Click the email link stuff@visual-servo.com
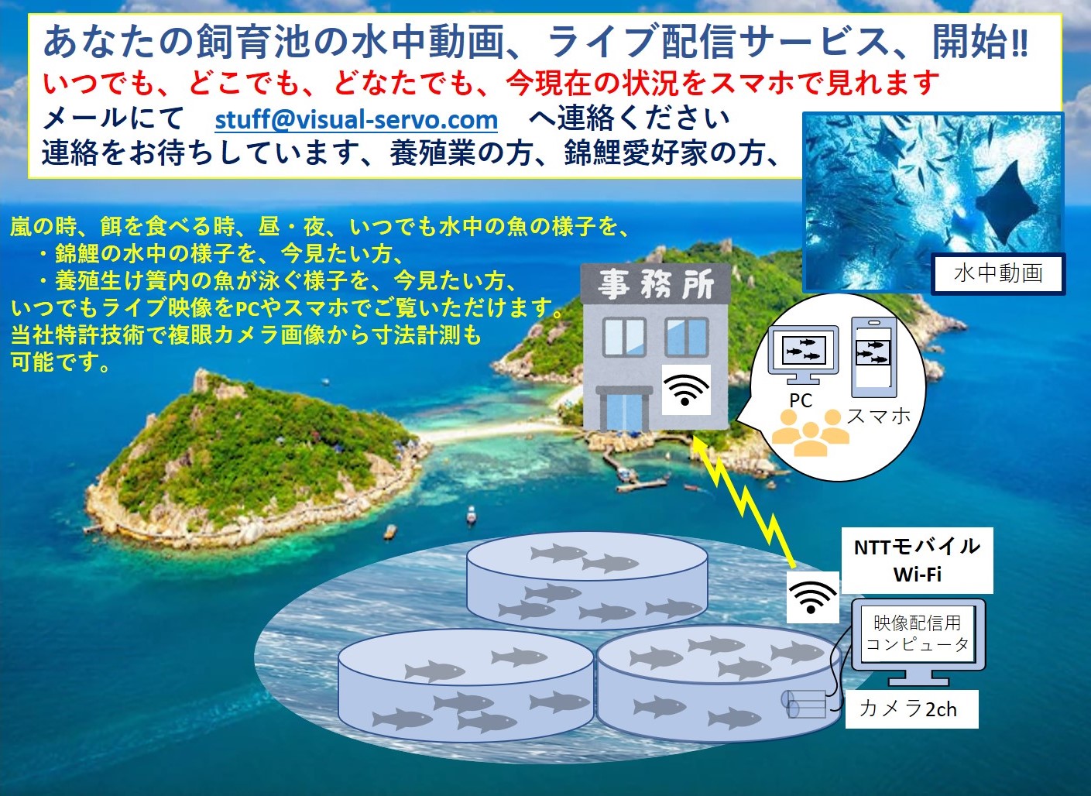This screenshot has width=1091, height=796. (356, 120)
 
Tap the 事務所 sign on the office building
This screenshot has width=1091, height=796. (655, 285)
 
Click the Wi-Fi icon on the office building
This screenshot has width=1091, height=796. (685, 389)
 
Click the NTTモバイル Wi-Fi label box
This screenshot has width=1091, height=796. (917, 560)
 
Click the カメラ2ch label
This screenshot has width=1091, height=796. (907, 709)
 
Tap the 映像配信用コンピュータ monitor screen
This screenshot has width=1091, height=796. (918, 634)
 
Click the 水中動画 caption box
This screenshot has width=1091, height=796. (998, 273)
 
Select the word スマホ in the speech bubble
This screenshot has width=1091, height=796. (879, 416)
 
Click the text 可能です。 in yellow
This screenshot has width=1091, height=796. (60, 362)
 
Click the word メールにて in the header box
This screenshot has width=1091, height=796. (112, 118)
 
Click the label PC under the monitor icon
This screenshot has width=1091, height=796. (800, 400)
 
